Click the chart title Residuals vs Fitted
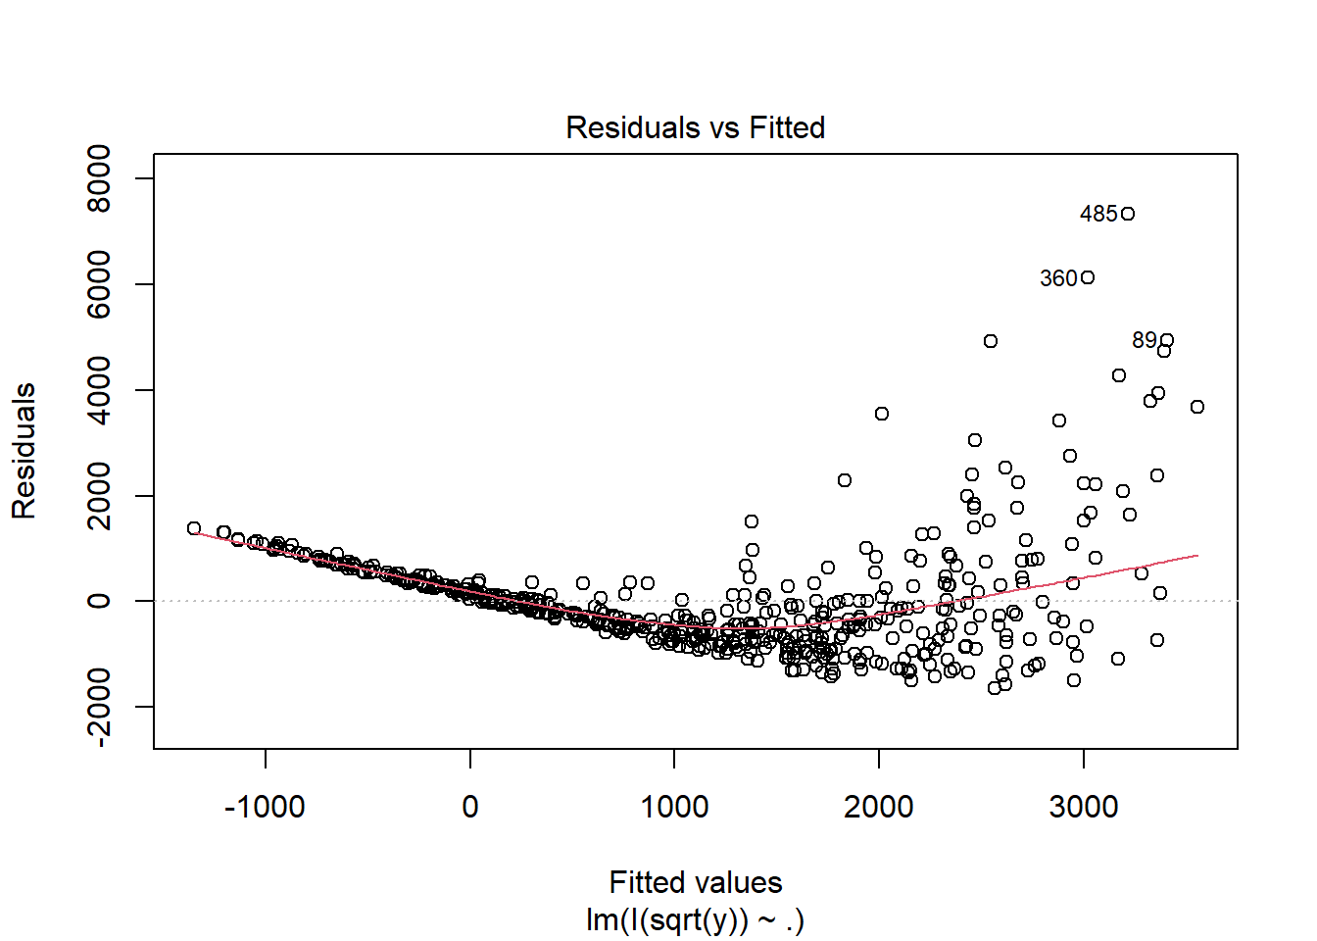point(695,127)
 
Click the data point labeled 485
point(1128,214)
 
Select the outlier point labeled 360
point(1088,277)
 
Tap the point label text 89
point(1144,340)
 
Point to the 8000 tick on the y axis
point(99,178)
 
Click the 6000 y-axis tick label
point(99,284)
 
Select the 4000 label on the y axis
point(99,390)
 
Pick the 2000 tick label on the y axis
point(99,496)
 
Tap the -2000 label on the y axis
point(99,707)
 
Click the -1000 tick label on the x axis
point(265,808)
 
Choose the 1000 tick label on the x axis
point(674,808)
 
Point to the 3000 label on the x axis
point(1083,808)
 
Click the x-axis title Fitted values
point(695,882)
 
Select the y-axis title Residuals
point(24,451)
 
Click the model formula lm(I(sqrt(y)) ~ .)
point(695,920)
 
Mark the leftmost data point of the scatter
point(194,528)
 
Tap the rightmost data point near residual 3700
point(1197,407)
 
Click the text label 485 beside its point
point(1098,214)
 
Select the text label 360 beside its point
point(1058,278)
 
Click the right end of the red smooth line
point(1197,556)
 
